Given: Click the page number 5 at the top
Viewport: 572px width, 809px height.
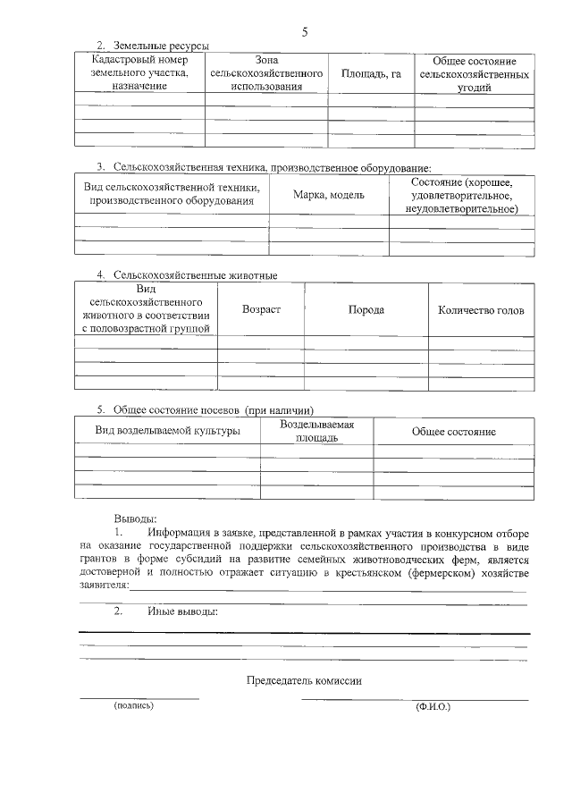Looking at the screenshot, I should pos(304,32).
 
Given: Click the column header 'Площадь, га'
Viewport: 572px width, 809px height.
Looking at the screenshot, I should pos(370,74).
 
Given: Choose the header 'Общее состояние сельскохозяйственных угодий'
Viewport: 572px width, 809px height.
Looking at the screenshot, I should pos(474,74).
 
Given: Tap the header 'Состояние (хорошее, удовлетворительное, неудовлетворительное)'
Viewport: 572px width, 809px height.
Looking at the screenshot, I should pos(461,195).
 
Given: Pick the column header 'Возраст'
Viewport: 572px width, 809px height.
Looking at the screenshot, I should pos(261,309).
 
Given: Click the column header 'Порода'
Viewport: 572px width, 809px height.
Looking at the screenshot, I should pos(366,309).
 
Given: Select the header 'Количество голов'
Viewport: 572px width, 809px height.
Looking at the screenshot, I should pos(481,310).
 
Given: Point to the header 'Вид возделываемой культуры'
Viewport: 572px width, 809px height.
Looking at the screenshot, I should pos(168,431).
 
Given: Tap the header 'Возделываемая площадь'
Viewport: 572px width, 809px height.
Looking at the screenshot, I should pos(316,431).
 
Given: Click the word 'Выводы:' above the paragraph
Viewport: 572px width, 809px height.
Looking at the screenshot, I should pos(136,518).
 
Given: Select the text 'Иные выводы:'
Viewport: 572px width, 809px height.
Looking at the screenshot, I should pos(182,612).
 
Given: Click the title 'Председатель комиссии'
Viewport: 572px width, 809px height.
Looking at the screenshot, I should pos(304,680).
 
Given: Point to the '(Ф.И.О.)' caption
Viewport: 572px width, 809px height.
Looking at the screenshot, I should pos(433,707).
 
